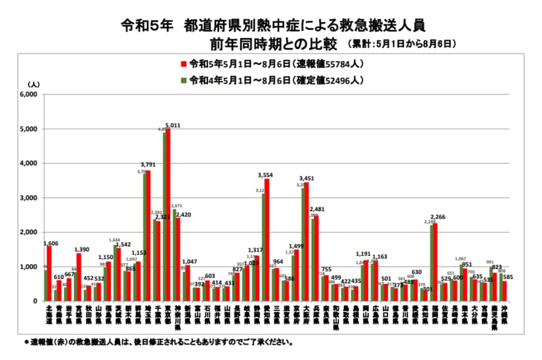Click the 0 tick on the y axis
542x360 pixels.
(x=36, y=301)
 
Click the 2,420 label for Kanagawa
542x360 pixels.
(x=183, y=215)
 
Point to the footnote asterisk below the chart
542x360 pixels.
(x=27, y=342)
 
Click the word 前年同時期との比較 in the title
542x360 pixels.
(x=275, y=44)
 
